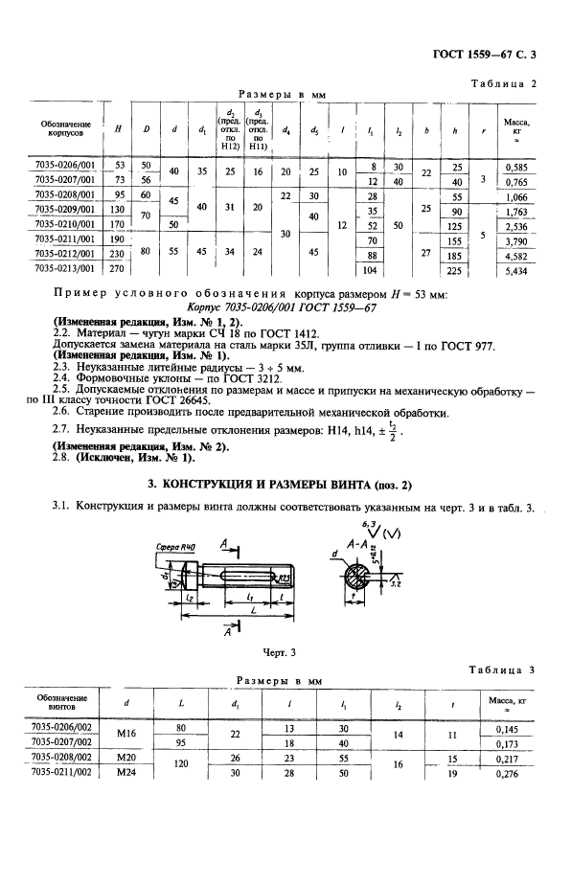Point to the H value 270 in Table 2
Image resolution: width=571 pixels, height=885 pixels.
point(120,271)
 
